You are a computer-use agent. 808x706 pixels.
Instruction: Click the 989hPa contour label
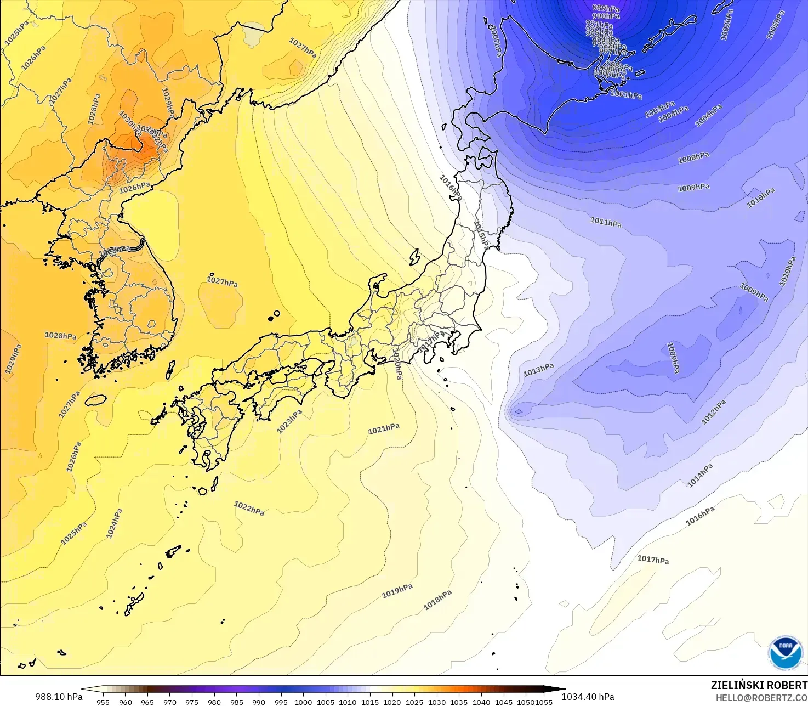(606, 8)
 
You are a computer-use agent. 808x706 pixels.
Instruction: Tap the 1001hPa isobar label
(626, 94)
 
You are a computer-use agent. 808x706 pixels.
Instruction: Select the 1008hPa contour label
(693, 158)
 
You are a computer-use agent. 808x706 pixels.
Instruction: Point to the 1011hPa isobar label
(606, 222)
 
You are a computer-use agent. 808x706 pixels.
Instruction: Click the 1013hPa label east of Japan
(538, 370)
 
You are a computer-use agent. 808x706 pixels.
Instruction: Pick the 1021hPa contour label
(384, 429)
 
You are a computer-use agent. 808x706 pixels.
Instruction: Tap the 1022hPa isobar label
(249, 509)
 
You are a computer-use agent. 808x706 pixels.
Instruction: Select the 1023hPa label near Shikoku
(289, 421)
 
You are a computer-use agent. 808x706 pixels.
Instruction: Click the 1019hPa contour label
(397, 591)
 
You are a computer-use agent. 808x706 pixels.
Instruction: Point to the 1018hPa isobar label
(437, 600)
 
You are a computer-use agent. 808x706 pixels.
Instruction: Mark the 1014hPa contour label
(701, 475)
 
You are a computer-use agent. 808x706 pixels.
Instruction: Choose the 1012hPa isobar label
(714, 412)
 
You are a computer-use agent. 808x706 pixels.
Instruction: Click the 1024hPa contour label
(114, 523)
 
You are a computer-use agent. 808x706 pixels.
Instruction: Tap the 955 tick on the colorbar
(103, 702)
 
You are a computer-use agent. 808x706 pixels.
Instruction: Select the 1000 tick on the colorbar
(303, 702)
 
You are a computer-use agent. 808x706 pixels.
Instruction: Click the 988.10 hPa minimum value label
(59, 697)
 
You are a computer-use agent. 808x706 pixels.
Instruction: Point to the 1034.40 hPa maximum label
(588, 697)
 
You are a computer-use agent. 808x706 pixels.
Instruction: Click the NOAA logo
(785, 653)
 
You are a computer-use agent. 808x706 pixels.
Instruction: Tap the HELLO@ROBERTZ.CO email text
(761, 697)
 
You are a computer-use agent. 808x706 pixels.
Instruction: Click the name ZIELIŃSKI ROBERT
(759, 685)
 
